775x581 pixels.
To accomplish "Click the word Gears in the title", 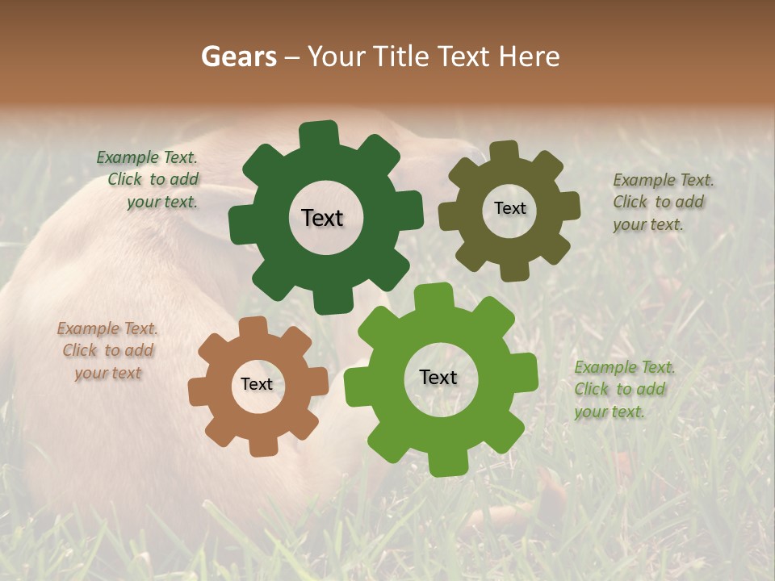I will pyautogui.click(x=238, y=56).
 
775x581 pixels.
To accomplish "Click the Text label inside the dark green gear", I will pyautogui.click(x=322, y=218).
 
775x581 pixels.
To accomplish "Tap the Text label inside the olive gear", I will pyautogui.click(x=509, y=208).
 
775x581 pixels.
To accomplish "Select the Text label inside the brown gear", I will pyautogui.click(x=257, y=385).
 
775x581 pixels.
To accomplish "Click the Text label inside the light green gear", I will pyautogui.click(x=438, y=377).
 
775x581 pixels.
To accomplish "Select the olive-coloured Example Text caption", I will pyautogui.click(x=662, y=202).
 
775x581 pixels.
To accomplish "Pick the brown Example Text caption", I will pyautogui.click(x=107, y=351).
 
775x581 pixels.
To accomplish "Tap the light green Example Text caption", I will pyautogui.click(x=623, y=389).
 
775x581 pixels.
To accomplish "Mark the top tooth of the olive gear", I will pyautogui.click(x=505, y=150).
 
